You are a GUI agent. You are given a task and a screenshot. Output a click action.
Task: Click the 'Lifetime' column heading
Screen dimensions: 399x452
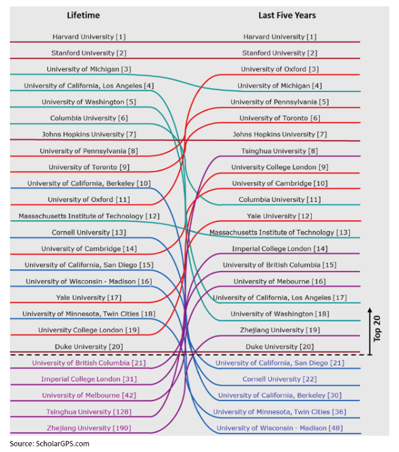pyautogui.click(x=83, y=15)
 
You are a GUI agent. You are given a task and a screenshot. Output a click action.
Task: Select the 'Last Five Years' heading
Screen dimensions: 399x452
pyautogui.click(x=287, y=15)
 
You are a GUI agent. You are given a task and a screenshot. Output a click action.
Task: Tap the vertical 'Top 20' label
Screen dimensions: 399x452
pyautogui.click(x=377, y=329)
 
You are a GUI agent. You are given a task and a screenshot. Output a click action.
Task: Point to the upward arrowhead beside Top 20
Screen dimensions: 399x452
pyautogui.click(x=370, y=310)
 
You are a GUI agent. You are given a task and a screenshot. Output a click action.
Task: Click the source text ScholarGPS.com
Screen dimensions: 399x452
pyautogui.click(x=63, y=443)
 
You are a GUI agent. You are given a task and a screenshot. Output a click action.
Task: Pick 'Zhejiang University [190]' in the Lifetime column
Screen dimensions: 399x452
pyautogui.click(x=89, y=428)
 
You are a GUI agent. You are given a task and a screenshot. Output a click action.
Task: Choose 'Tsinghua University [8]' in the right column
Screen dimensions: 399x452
pyautogui.click(x=279, y=151)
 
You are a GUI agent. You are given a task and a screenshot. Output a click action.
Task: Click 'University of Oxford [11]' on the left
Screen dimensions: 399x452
pyautogui.click(x=89, y=199)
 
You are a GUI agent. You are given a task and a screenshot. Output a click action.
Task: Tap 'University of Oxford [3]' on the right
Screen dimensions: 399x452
pyautogui.click(x=280, y=69)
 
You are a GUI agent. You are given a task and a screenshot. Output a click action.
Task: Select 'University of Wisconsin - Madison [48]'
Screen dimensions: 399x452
pyautogui.click(x=280, y=428)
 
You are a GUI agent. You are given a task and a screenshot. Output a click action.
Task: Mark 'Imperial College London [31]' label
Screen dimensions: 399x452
pyautogui.click(x=89, y=379)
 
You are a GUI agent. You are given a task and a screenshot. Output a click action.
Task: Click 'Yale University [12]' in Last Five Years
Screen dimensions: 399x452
pyautogui.click(x=279, y=216)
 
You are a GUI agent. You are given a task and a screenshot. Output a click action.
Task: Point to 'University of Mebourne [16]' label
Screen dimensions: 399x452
pyautogui.click(x=279, y=282)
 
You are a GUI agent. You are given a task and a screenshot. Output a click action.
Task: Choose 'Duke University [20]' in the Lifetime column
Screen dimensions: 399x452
pyautogui.click(x=89, y=347)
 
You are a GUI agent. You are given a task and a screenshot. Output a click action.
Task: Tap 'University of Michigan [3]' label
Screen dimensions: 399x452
pyautogui.click(x=89, y=69)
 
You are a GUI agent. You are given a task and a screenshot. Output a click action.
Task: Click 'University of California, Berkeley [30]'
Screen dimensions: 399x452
pyautogui.click(x=280, y=395)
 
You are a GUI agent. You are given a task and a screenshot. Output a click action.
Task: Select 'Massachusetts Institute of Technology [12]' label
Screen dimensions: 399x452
pyautogui.click(x=89, y=216)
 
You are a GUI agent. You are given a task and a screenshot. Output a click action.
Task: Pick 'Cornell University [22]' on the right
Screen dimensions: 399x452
pyautogui.click(x=279, y=379)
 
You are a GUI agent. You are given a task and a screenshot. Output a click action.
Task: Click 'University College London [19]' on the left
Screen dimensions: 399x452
pyautogui.click(x=89, y=330)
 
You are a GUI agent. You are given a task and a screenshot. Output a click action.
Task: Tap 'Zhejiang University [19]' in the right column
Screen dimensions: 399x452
pyautogui.click(x=280, y=330)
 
